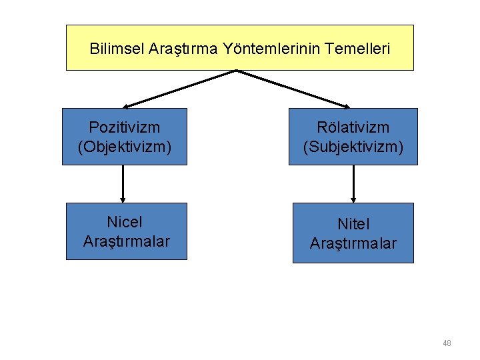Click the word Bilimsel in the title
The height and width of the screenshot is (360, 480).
(x=113, y=49)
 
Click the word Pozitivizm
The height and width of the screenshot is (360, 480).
(x=125, y=127)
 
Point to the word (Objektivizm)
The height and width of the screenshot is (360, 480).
(x=125, y=146)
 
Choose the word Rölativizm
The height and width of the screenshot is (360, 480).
(x=353, y=127)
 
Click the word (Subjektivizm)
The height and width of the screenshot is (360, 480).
(x=353, y=146)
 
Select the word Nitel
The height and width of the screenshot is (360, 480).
(x=353, y=225)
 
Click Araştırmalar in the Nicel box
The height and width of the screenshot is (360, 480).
(x=126, y=241)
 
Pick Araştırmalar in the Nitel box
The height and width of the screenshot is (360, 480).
(x=353, y=243)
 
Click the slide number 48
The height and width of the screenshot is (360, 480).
(x=447, y=343)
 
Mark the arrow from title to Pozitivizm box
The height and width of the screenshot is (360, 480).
(x=180, y=89)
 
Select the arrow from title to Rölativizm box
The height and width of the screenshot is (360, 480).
(x=293, y=89)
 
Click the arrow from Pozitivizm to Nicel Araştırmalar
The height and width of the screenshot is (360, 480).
(x=123, y=183)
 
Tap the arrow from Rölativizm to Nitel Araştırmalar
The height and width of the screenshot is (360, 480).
(x=353, y=183)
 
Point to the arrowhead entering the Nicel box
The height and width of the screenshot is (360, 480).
(x=123, y=199)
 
